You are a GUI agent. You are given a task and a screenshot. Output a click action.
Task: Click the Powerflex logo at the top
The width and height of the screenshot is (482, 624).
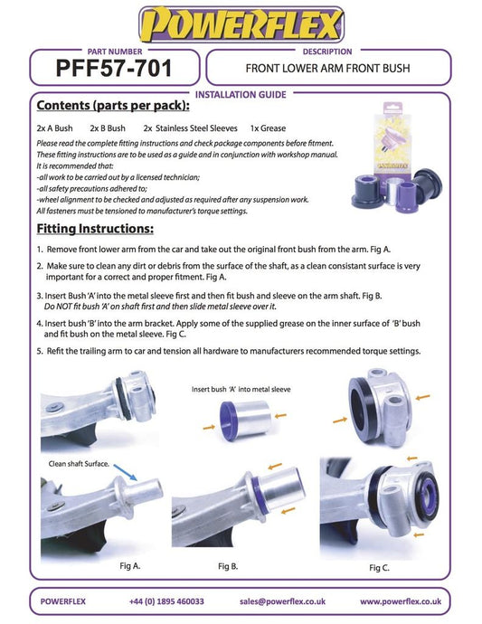241,24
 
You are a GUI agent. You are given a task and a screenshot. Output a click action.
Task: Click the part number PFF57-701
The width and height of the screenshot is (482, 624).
114,68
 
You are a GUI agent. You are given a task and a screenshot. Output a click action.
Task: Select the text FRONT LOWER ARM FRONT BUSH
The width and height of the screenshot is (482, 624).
327,69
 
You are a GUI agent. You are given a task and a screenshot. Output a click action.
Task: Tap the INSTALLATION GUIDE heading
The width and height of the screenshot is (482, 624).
241,95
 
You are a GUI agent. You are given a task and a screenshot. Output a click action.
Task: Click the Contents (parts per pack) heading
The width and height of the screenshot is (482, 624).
113,106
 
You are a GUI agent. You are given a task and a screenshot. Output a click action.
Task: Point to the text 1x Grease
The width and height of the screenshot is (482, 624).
268,128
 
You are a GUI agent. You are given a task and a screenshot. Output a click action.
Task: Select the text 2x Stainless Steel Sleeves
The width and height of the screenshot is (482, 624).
190,128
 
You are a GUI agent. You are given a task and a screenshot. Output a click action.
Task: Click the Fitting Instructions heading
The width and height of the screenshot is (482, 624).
95,229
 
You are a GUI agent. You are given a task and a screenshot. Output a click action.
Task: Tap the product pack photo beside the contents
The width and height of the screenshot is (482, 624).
396,156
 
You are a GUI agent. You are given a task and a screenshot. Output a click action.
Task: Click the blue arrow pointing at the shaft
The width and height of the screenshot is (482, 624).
126,472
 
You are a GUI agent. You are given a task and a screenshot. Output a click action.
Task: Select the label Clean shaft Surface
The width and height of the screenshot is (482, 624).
79,464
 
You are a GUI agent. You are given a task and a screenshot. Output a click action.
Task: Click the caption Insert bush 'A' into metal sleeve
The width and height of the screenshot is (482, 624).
241,389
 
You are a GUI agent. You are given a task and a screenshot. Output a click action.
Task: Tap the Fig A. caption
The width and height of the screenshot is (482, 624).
129,565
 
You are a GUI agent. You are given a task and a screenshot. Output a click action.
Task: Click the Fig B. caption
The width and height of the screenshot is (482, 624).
228,566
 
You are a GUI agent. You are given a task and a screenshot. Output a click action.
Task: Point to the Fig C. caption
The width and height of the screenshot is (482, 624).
379,568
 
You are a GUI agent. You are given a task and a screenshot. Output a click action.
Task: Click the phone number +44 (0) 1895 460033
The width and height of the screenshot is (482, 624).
166,601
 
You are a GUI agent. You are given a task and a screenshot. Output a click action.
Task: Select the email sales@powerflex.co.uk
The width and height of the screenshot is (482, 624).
282,601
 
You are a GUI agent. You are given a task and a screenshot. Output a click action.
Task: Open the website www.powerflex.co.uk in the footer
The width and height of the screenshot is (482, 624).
401,601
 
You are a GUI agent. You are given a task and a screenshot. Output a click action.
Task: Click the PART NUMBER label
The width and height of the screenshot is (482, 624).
115,52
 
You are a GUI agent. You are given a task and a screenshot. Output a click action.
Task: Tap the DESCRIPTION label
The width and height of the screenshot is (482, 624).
327,52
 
